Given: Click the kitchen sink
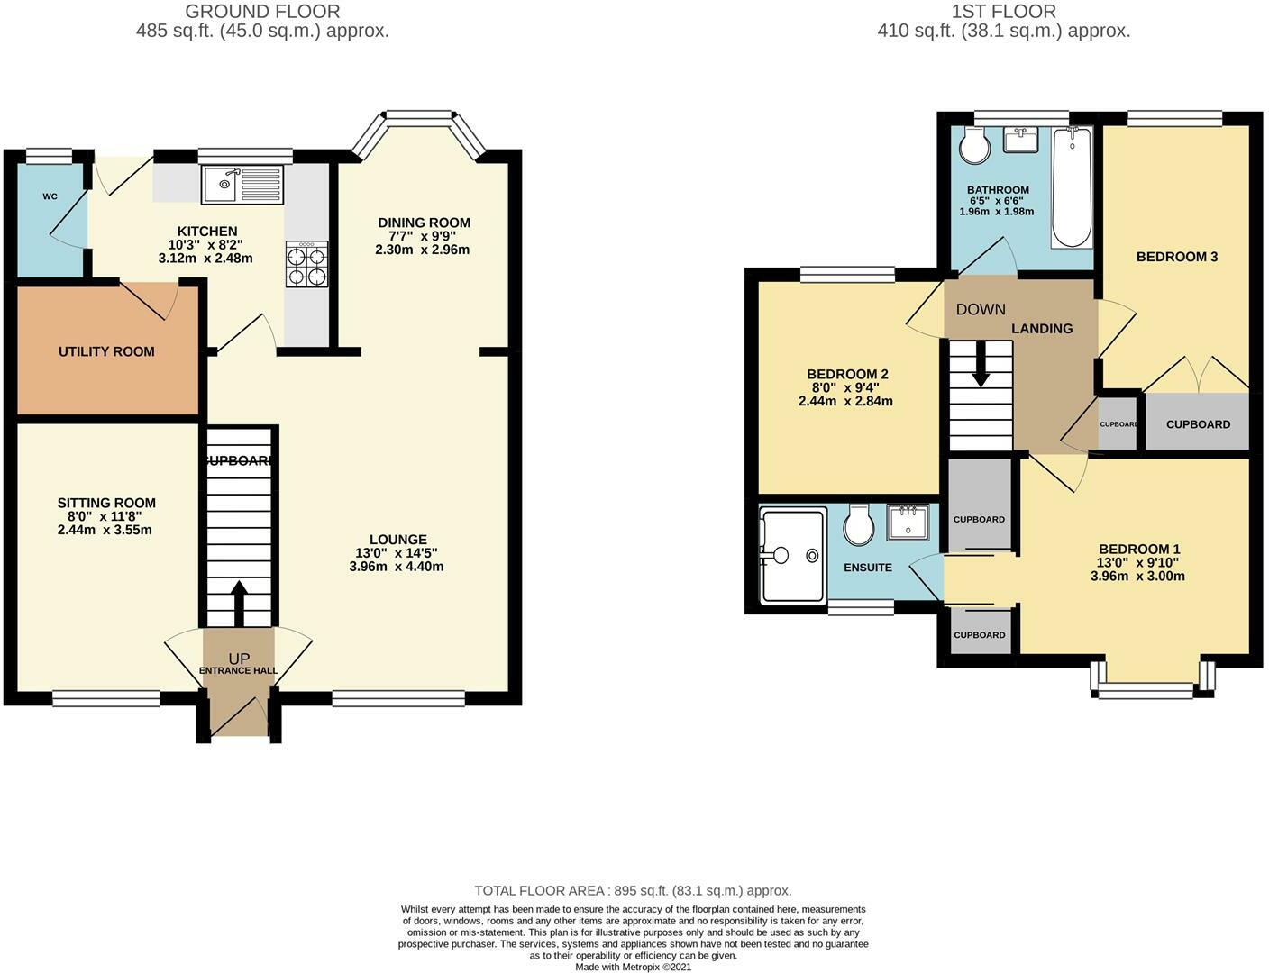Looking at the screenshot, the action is click(242, 184).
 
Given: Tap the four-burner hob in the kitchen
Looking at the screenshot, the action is click(306, 264).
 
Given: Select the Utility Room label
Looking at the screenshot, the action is click(107, 351).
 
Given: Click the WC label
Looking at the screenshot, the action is click(50, 196).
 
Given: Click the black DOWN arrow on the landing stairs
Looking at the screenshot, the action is click(981, 364).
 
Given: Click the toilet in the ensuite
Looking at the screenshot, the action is click(858, 523).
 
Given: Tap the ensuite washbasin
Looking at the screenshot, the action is click(908, 523).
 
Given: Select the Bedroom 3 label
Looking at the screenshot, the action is click(1177, 257).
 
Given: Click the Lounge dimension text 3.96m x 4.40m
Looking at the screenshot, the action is click(397, 566).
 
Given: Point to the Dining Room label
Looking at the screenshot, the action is click(424, 223).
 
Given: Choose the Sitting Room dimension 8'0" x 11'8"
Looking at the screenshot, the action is click(99, 516).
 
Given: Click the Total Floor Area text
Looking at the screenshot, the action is click(633, 891).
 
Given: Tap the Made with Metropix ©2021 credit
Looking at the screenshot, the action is click(633, 968).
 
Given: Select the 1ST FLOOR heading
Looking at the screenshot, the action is click(1004, 11).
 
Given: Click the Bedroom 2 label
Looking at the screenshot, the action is click(847, 374).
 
